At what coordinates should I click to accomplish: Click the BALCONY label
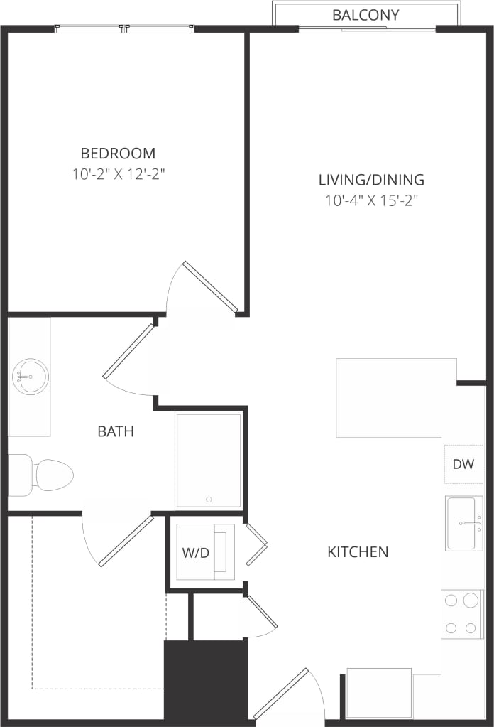pyautogui.click(x=366, y=15)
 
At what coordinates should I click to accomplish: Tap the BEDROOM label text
pyautogui.click(x=118, y=153)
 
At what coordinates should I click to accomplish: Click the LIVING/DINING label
pyautogui.click(x=371, y=180)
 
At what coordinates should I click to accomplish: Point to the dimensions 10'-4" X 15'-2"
pyautogui.click(x=371, y=200)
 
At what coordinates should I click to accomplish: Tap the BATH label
pyautogui.click(x=116, y=431)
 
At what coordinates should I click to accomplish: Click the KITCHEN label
pyautogui.click(x=358, y=551)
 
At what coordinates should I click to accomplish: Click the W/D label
pyautogui.click(x=196, y=553)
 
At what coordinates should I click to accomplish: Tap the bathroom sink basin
pyautogui.click(x=30, y=376)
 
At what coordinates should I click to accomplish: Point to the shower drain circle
pyautogui.click(x=209, y=500)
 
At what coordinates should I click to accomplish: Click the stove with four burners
pyautogui.click(x=461, y=613)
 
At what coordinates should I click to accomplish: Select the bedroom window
pyautogui.click(x=124, y=29)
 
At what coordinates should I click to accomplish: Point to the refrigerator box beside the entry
pyautogui.click(x=378, y=692)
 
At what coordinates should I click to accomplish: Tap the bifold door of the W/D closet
pyautogui.click(x=256, y=544)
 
